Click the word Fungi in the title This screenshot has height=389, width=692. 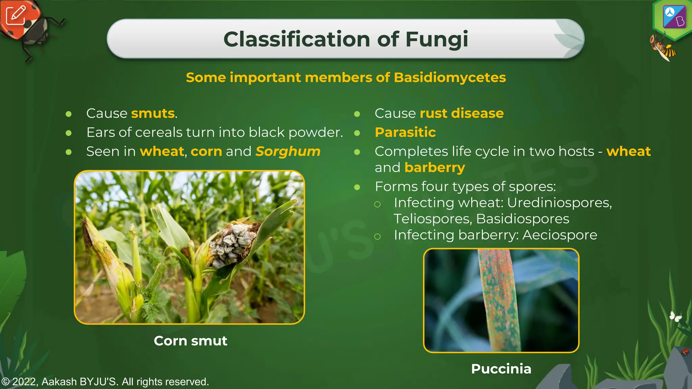tap(437, 39)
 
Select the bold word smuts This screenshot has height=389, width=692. tap(153, 113)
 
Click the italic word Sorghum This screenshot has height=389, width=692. tap(288, 152)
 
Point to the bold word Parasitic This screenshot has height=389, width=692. tap(405, 132)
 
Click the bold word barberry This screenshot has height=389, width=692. tap(435, 168)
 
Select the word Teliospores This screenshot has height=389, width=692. tap(432, 219)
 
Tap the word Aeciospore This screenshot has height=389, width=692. tap(560, 235)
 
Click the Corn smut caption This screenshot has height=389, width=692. tap(190, 341)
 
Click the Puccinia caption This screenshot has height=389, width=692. tap(501, 369)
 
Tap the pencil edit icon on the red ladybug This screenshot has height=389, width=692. tap(16, 15)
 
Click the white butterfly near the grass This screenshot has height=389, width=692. tap(675, 316)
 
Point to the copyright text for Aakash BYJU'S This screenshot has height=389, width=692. tap(105, 382)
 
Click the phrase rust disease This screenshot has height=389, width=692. tap(461, 113)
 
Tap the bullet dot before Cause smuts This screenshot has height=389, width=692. tap(69, 114)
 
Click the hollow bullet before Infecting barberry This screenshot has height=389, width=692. tap(377, 236)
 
